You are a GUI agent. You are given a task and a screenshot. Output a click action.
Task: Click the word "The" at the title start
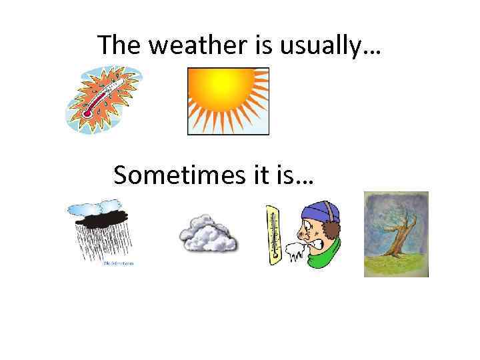(121, 45)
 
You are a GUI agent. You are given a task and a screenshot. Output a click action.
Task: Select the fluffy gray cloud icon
(207, 234)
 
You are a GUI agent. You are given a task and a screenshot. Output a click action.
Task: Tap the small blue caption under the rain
(118, 263)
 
